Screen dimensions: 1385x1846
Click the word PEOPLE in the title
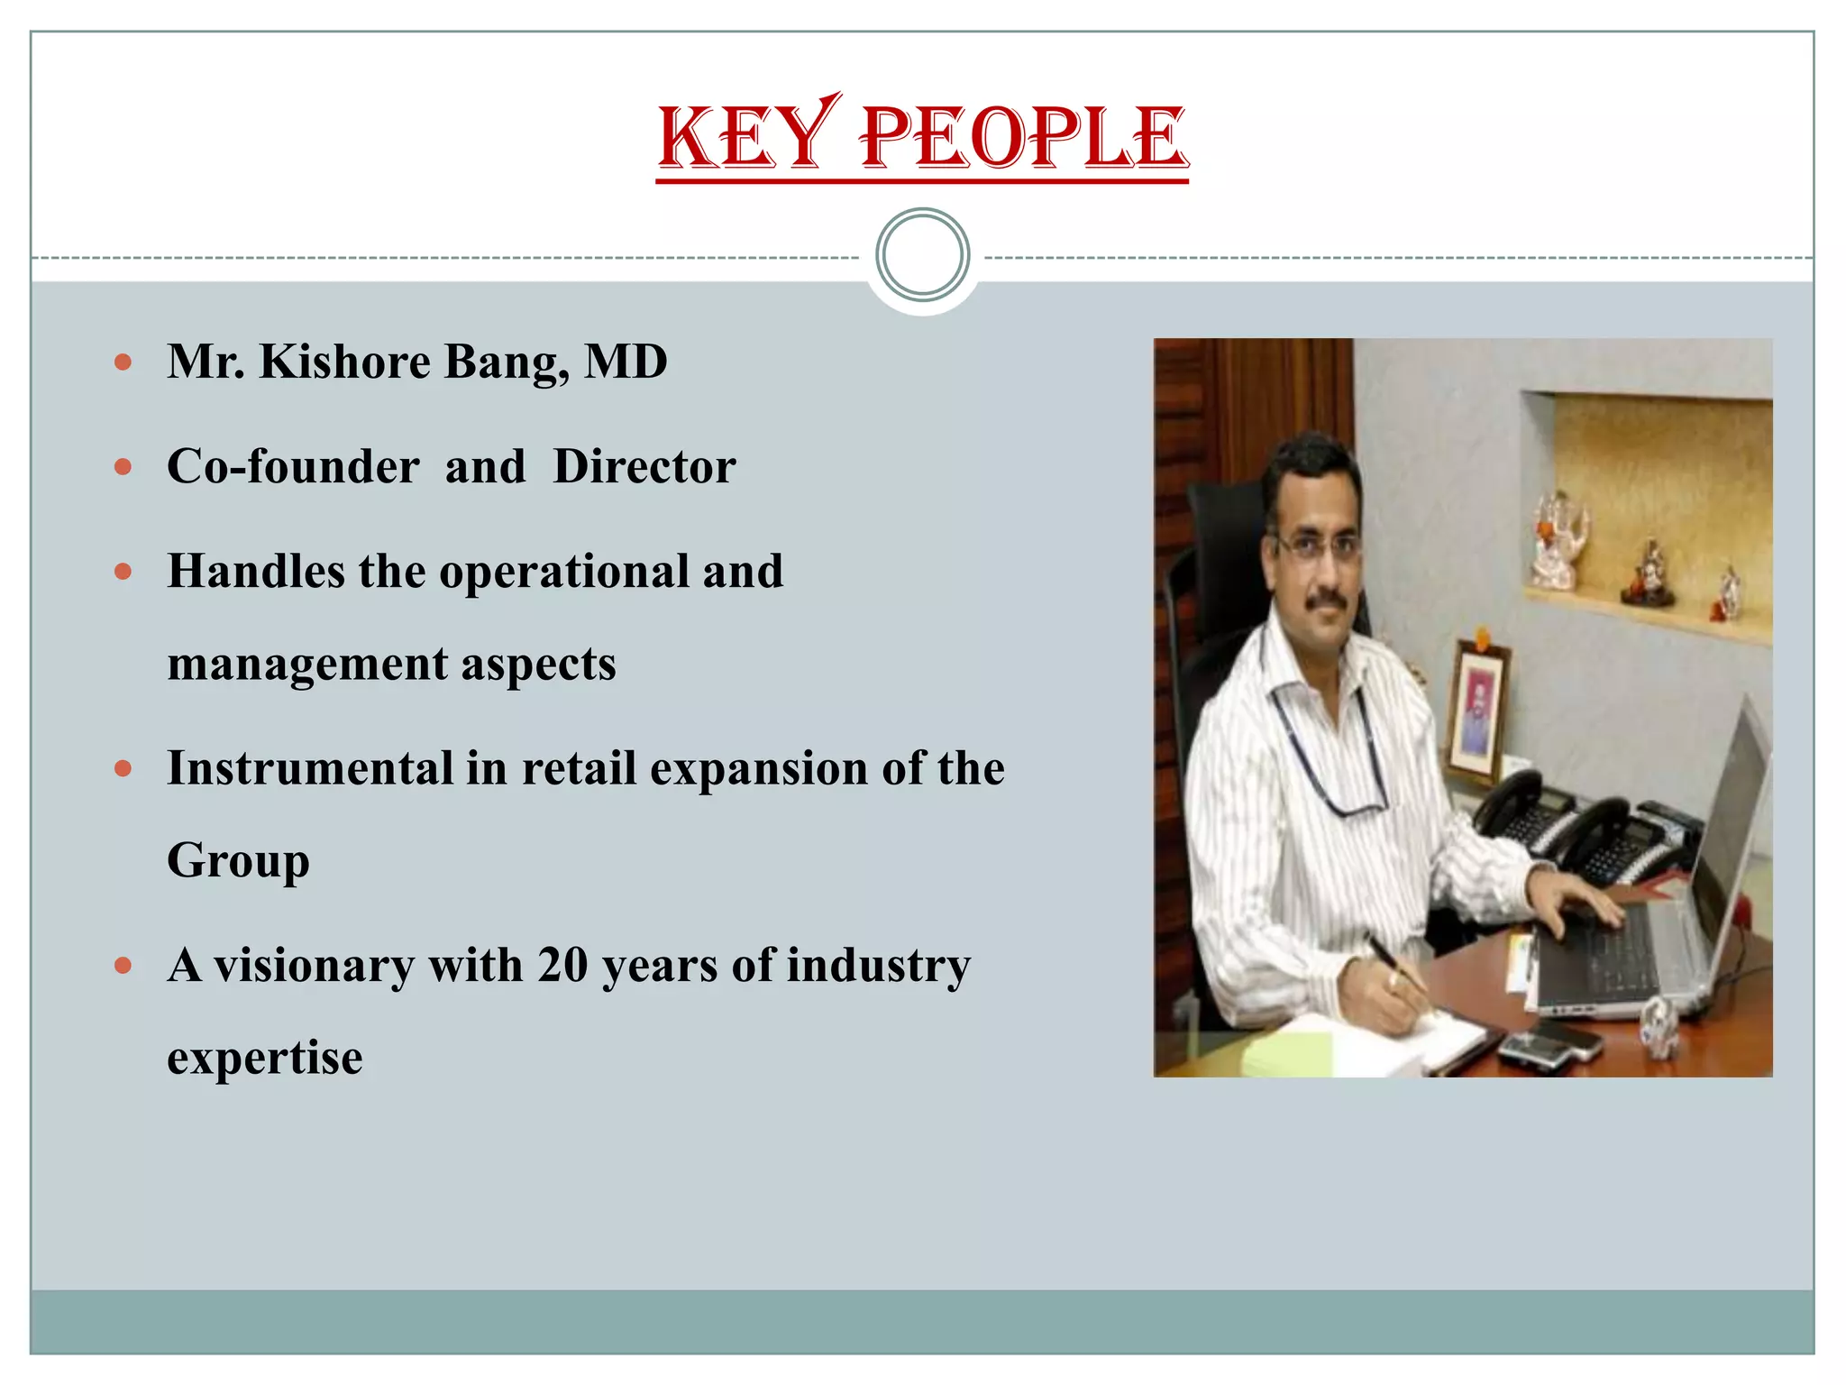click(1023, 137)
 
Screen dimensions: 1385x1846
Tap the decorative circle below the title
click(922, 254)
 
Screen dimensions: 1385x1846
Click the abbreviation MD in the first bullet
click(626, 362)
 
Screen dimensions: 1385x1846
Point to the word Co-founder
click(293, 467)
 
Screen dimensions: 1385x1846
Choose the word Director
click(644, 467)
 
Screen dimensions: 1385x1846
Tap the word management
click(307, 665)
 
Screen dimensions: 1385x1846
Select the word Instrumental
click(310, 768)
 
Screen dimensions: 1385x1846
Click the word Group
click(238, 861)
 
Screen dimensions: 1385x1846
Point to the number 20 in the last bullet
click(562, 965)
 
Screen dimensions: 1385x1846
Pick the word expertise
click(264, 1058)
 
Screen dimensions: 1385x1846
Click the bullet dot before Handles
click(123, 572)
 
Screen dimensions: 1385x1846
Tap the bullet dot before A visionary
click(123, 966)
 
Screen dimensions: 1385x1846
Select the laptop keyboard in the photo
click(1613, 947)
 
